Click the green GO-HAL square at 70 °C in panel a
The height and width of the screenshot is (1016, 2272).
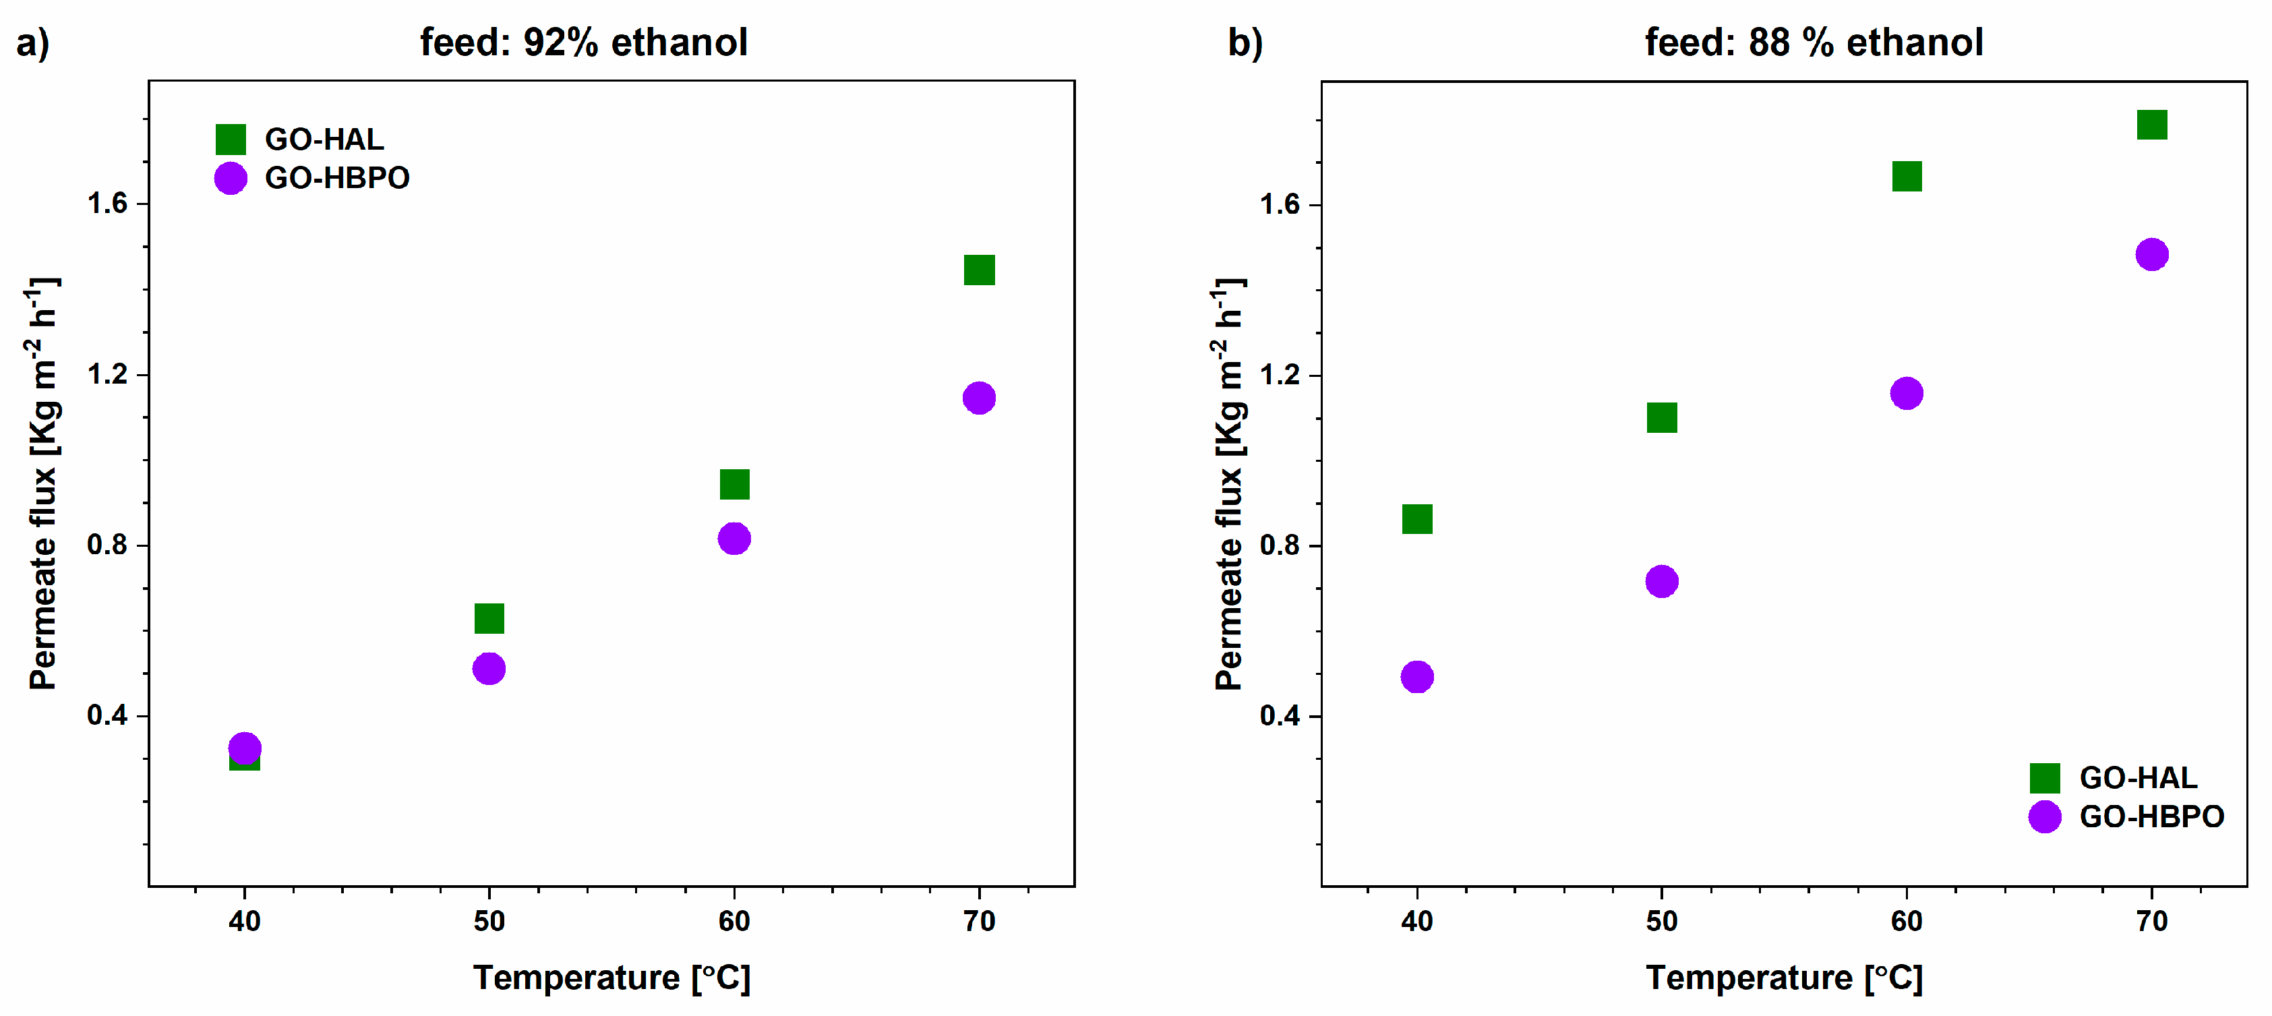979,270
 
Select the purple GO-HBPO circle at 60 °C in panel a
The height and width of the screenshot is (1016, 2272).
734,538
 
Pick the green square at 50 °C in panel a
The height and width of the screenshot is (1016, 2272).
489,618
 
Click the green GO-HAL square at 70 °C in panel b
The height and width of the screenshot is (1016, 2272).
2151,124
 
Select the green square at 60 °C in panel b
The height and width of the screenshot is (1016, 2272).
1906,177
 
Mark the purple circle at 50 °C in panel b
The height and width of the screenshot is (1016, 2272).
1662,581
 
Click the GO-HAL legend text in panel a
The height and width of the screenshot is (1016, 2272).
324,140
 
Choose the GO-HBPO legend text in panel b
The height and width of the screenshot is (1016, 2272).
2151,816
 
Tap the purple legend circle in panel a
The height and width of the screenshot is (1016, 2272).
230,178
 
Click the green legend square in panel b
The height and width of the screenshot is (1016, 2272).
2044,778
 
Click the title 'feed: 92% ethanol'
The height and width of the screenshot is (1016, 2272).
583,42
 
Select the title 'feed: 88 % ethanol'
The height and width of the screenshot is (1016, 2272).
1814,42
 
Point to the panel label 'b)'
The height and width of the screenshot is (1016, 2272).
1245,42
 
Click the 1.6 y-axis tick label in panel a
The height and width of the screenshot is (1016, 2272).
107,204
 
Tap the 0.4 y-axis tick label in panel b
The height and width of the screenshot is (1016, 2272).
1279,715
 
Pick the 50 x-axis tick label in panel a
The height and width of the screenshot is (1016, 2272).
489,921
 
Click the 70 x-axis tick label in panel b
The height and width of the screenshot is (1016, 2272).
2151,921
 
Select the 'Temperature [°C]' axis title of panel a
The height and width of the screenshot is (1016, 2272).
611,978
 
